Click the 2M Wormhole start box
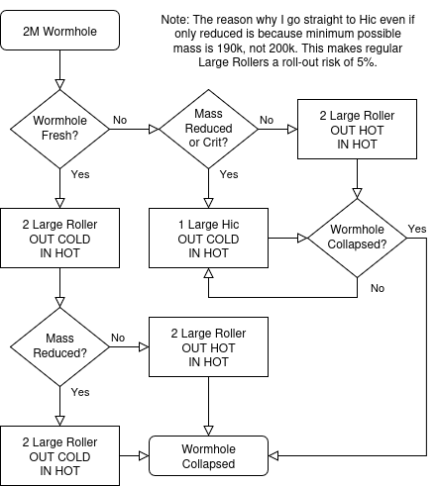[x=59, y=31]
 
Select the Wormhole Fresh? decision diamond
[x=59, y=129]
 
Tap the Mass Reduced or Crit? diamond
[x=208, y=129]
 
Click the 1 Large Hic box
[x=208, y=238]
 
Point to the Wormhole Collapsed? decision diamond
[x=357, y=238]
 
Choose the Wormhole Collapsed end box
[x=208, y=455]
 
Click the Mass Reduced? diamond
[x=59, y=346]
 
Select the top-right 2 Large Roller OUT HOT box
[x=357, y=129]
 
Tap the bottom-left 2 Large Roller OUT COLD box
[x=59, y=455]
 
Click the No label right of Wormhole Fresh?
[x=120, y=120]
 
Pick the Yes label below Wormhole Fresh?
[x=80, y=174]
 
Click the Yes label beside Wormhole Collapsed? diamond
[x=417, y=229]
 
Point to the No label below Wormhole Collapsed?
[x=378, y=288]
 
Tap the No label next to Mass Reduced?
[x=118, y=338]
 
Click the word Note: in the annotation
[x=175, y=20]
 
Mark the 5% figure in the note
[x=367, y=62]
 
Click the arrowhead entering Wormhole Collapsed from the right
[x=273, y=455]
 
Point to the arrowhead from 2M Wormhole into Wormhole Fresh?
[x=59, y=84]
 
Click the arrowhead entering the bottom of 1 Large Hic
[x=208, y=273]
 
